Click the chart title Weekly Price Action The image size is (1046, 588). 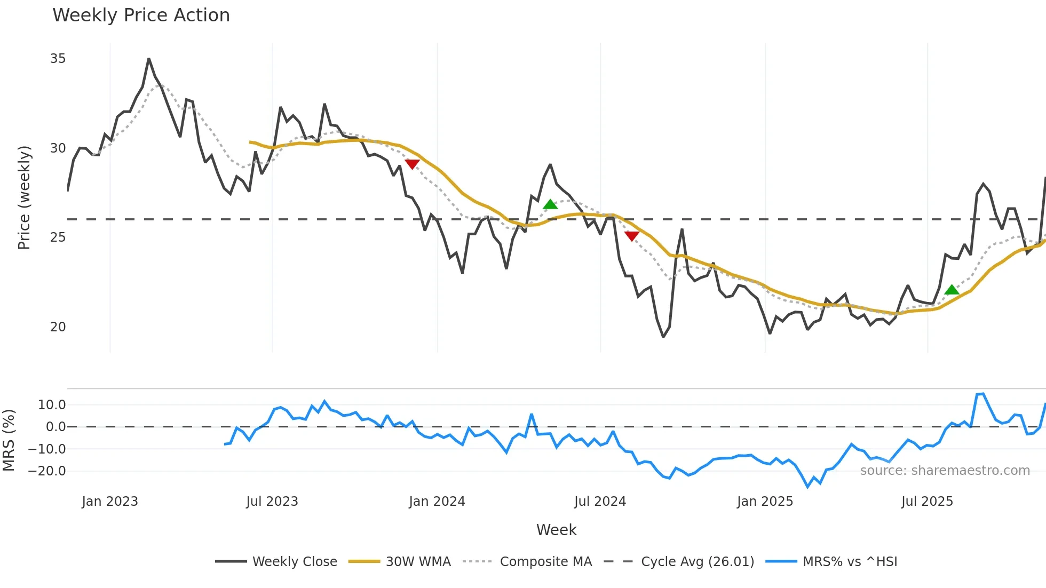[141, 15]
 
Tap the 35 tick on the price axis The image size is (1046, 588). [58, 59]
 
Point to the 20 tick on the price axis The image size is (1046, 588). [58, 327]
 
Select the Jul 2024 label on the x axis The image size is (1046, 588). [600, 502]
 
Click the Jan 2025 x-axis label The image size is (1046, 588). [765, 502]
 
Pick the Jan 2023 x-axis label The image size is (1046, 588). [110, 502]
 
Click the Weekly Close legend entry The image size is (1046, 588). [295, 562]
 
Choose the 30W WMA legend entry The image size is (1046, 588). [418, 562]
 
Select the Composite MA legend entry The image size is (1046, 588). [545, 562]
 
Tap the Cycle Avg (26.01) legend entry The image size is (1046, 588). [697, 562]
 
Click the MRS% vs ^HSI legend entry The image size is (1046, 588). [850, 562]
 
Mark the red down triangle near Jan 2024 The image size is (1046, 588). [412, 164]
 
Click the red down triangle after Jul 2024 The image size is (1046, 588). [632, 236]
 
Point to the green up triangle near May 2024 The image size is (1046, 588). [550, 204]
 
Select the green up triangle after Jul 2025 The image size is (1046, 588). [952, 290]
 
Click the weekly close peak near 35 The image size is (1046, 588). [149, 59]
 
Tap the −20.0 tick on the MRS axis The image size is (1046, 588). [47, 471]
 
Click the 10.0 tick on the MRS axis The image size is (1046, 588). [52, 405]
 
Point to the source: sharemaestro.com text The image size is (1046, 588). [945, 471]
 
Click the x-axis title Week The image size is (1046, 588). [556, 530]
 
